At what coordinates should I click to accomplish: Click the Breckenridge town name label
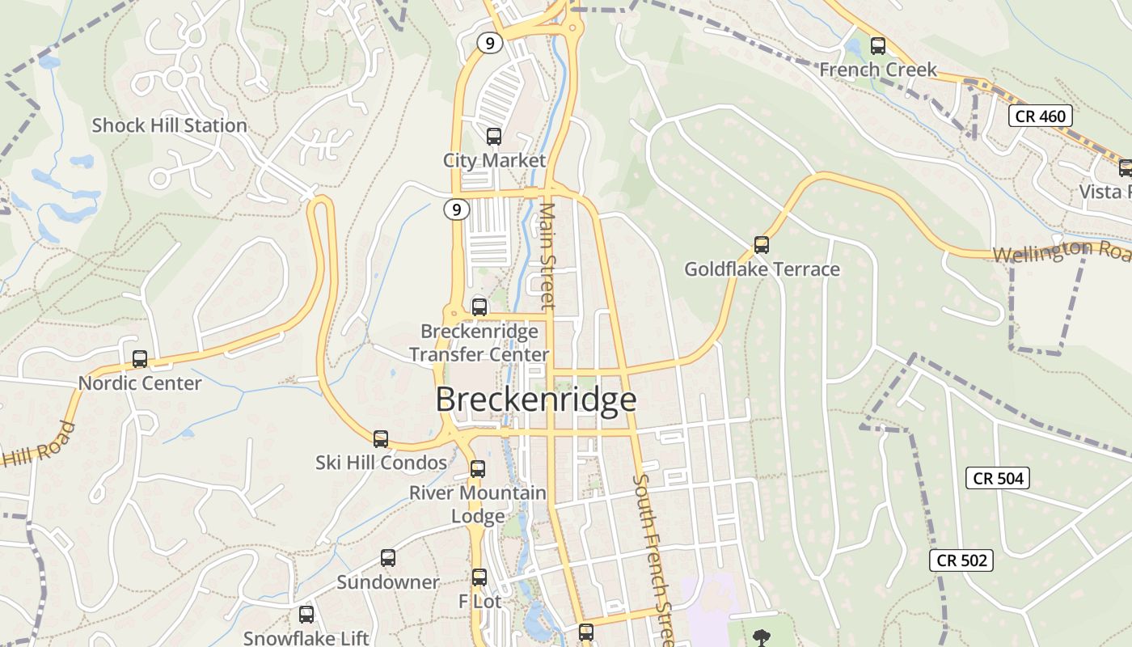536,400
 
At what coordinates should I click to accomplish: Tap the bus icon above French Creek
877,46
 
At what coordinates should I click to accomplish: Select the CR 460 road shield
1041,116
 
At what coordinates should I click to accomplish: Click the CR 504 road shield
998,478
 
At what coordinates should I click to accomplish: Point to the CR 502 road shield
962,560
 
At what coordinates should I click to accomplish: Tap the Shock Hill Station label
169,125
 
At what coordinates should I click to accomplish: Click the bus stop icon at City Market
494,137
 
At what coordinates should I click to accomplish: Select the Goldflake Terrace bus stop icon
761,244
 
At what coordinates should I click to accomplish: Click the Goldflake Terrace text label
762,269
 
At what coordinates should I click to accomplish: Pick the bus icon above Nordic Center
140,358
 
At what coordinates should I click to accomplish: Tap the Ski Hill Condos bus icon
381,439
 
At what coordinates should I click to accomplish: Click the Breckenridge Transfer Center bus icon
479,307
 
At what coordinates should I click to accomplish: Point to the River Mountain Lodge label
478,504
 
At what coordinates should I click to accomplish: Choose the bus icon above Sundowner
388,558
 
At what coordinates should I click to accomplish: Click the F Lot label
480,602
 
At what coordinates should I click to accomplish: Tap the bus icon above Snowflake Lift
306,615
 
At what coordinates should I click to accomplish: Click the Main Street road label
548,255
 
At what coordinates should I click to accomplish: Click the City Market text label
494,160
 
